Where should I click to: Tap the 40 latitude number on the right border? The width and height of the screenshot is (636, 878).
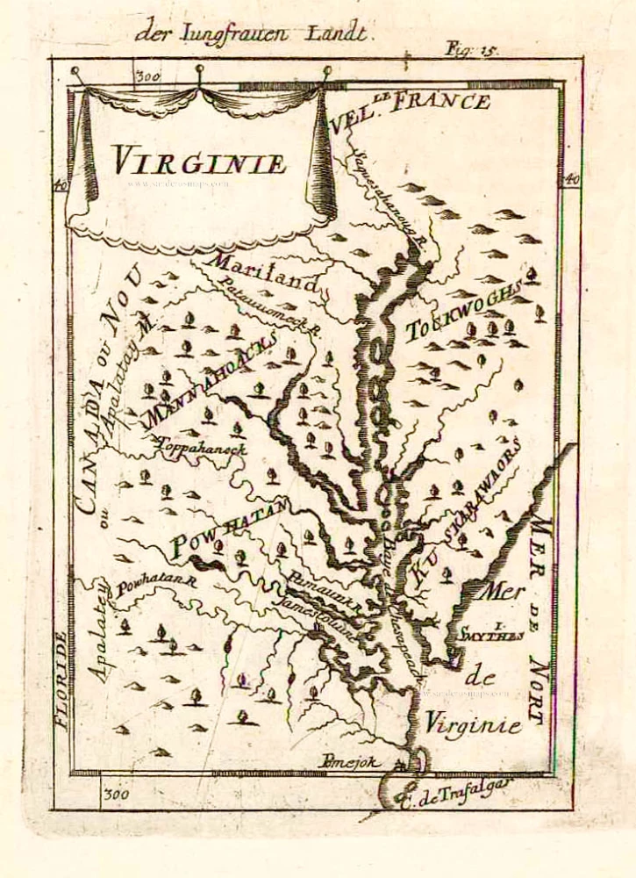(570, 179)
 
